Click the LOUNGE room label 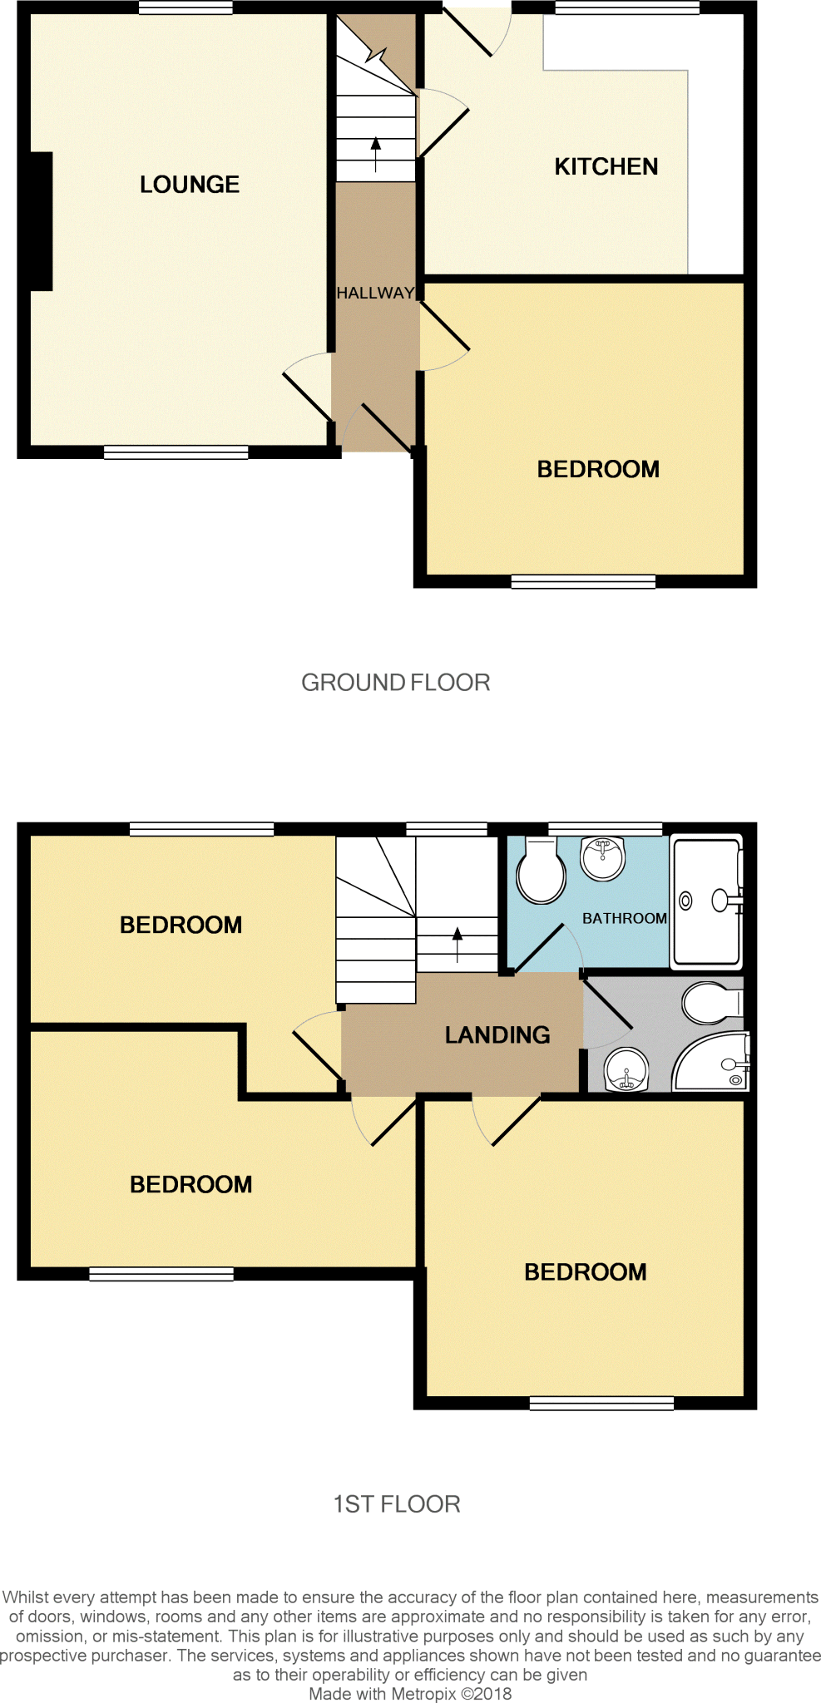coord(190,185)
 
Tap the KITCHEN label coord(606,167)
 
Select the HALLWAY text coord(375,293)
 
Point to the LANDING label coord(497,1034)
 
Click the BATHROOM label coord(624,918)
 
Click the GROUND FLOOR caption coord(395,683)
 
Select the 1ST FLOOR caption coord(397,1504)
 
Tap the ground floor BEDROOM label coord(598,469)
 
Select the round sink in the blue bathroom coord(603,858)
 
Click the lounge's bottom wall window coord(176,452)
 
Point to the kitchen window coord(627,7)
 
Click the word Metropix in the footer coord(423,1694)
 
